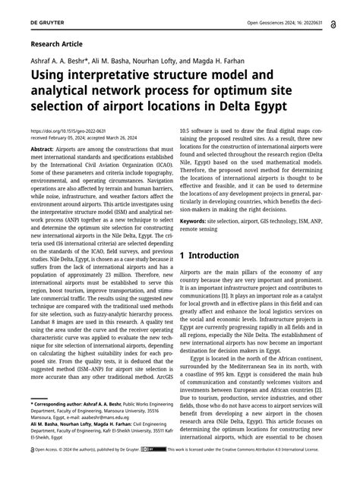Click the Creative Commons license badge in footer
158,470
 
